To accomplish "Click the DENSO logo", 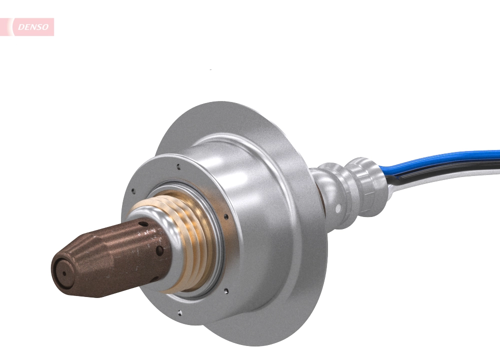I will [x=31, y=27].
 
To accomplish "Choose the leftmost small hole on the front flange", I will [x=132, y=190].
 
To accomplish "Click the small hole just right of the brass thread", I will [x=226, y=216].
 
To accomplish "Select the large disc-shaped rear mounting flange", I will [x=300, y=280].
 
